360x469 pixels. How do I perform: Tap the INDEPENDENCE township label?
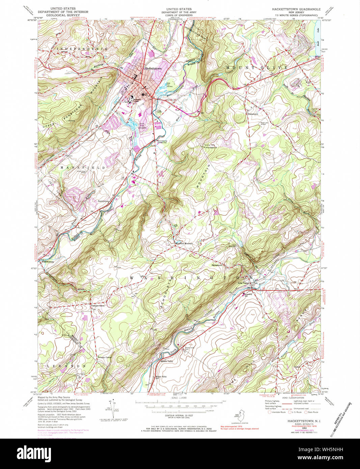click(x=82, y=49)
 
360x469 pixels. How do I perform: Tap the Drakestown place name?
click(x=253, y=114)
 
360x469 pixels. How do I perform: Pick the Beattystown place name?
click(x=104, y=201)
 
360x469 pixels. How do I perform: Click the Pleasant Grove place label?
click(x=98, y=306)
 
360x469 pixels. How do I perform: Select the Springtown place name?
click(x=217, y=265)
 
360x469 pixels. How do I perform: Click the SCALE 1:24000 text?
click(x=179, y=398)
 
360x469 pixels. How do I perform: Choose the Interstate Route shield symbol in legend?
click(x=269, y=412)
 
